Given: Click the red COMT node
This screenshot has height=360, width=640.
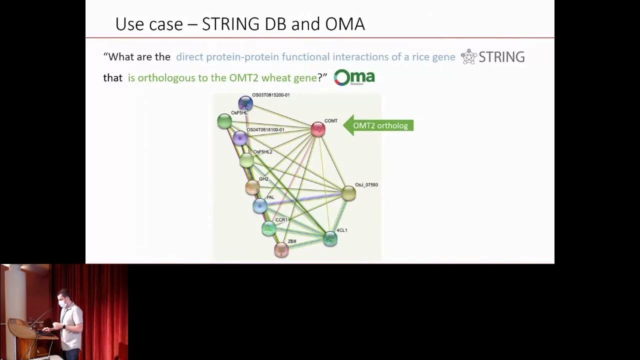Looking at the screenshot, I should pos(318,129).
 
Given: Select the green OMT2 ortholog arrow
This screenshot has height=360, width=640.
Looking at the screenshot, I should pos(378,125).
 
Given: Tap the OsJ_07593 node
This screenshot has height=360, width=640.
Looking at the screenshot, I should pos(348,193).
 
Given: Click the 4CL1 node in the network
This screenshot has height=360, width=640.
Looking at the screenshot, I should pos(330,238).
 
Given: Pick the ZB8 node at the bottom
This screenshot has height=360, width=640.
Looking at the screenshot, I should pos(281,249).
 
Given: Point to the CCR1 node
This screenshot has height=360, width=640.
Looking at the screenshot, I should pos(269,228).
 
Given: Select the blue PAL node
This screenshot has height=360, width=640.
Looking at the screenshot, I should pos(260,205).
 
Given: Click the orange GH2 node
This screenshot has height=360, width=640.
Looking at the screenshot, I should pos(252,187).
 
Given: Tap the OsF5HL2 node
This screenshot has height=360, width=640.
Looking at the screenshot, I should pos(246,160).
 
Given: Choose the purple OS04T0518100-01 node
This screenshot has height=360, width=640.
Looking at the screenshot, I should pos(240,137).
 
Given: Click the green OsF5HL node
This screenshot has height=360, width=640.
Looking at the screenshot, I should pos(224,121).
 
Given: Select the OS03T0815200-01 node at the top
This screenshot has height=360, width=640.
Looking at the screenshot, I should pos(245,103).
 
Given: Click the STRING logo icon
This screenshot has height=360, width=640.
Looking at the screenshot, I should pos(468,56).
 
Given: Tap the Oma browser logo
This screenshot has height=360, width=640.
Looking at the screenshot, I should pos(354,77).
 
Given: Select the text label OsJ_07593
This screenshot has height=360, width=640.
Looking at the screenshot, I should pos(366,185).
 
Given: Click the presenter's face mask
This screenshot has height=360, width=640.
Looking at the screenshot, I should pos(63,303).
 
